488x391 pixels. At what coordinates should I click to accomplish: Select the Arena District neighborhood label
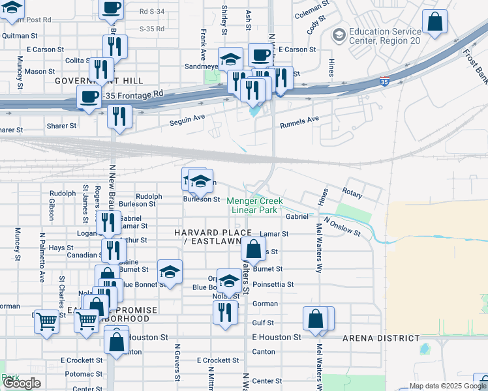[x=381, y=338]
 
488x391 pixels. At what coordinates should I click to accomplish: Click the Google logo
[x=22, y=383]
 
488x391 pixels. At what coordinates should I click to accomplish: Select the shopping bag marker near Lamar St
[x=253, y=249]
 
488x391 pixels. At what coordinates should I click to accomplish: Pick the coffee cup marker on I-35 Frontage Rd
[x=89, y=98]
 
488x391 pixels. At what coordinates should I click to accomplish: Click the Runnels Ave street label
[x=299, y=122]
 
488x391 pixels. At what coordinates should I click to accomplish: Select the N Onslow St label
[x=343, y=226]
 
